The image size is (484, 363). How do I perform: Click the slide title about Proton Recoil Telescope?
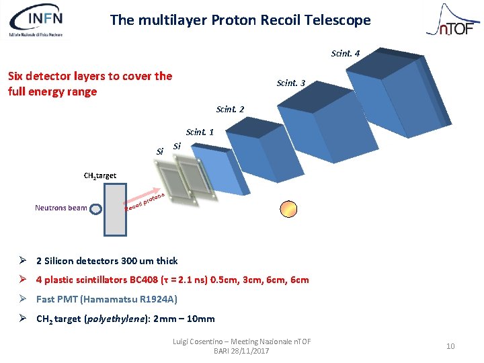tap(240, 20)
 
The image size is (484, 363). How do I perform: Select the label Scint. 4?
tap(345, 53)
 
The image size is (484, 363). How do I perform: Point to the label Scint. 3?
tap(290, 83)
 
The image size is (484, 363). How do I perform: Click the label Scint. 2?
tap(230, 109)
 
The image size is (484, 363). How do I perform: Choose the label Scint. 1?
tap(200, 132)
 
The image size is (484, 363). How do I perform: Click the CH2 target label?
tap(100, 176)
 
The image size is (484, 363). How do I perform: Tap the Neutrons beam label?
tap(61, 208)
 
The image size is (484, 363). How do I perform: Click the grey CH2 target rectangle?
tap(115, 209)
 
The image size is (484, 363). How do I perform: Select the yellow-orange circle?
tap(288, 209)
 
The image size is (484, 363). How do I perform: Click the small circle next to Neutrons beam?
tap(97, 208)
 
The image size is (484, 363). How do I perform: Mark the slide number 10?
tap(450, 346)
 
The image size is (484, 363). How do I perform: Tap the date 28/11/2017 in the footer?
tap(251, 351)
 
